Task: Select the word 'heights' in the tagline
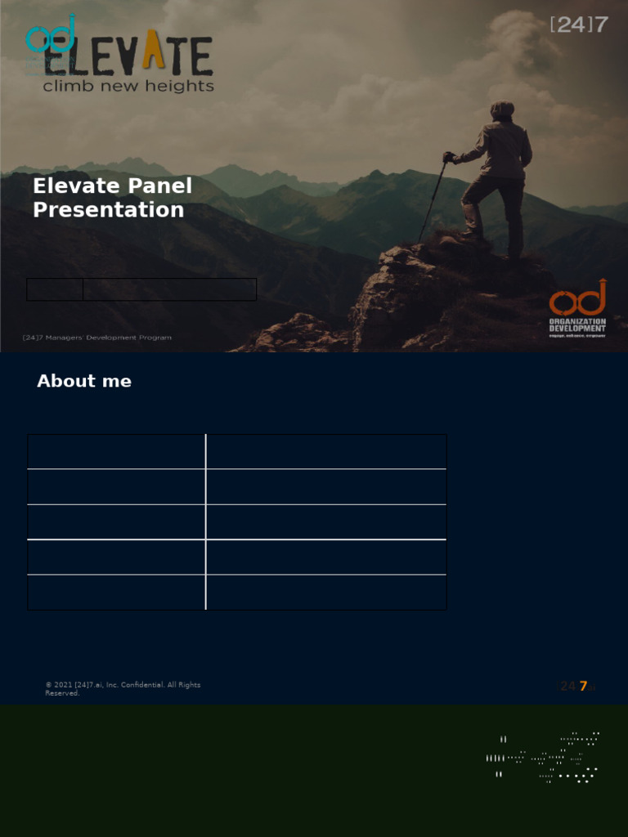pos(185,86)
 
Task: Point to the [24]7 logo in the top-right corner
pos(579,25)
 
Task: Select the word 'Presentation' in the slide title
pos(108,210)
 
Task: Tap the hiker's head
pos(502,110)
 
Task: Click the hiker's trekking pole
pos(433,199)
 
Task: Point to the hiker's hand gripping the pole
pos(448,157)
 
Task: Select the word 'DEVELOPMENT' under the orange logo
pos(577,329)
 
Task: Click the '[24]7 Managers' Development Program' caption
pos(97,338)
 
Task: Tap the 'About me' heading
pos(84,381)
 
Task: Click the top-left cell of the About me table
pos(116,452)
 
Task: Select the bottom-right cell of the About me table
pos(326,593)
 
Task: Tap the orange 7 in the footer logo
pos(583,687)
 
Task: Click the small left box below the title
pos(55,289)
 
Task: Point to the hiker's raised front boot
pos(469,234)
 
